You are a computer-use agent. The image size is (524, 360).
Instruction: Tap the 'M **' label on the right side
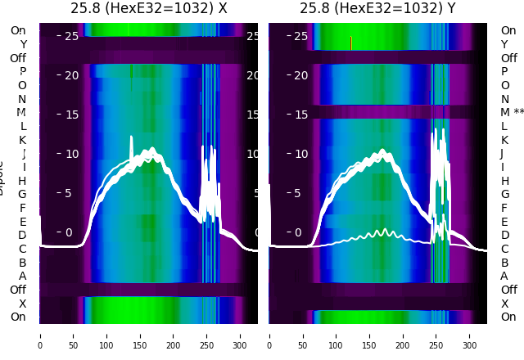point(513,112)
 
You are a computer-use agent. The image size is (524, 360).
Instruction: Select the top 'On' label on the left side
point(18,30)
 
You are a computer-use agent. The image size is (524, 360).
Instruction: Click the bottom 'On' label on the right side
point(508,317)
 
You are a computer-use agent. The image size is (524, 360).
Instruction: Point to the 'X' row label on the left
point(22,303)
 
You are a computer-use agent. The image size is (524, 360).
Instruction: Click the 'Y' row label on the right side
point(504,44)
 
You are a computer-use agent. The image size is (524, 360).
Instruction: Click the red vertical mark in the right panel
point(350,43)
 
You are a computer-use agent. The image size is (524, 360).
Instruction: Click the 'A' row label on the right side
point(504,276)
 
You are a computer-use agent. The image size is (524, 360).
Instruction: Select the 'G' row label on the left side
point(22,194)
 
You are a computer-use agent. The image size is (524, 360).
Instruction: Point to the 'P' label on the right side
point(504,71)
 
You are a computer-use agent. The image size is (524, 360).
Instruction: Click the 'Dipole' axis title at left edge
point(3,180)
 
